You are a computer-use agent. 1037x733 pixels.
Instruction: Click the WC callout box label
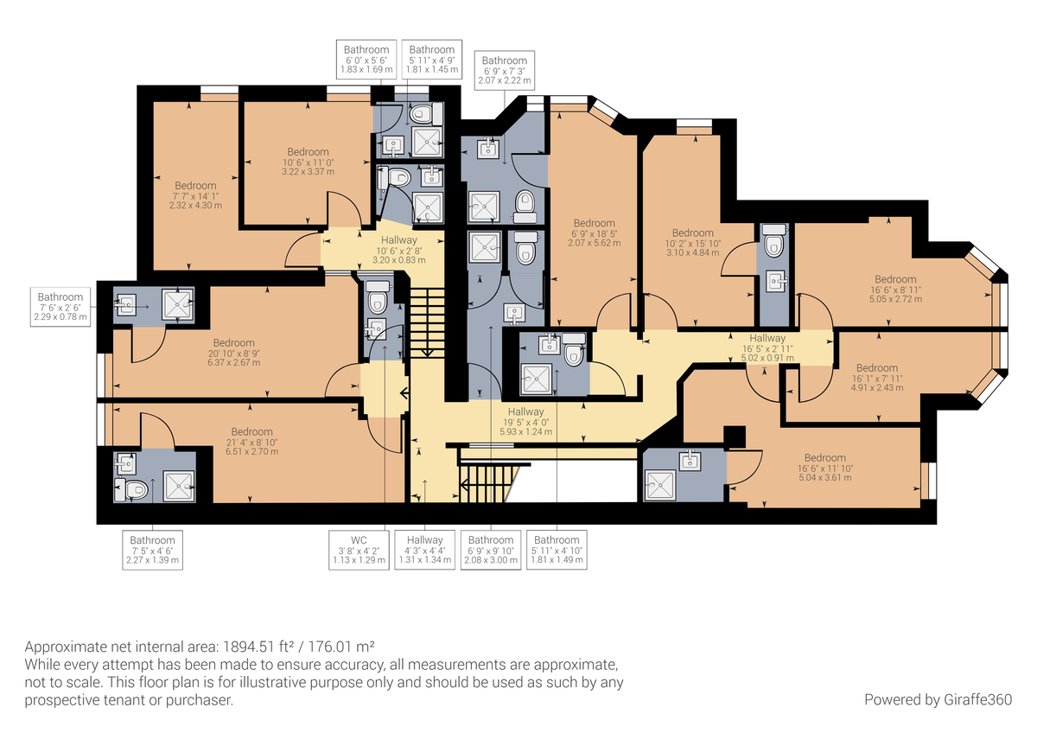click(359, 550)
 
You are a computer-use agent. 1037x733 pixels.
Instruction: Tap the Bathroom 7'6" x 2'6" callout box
click(60, 307)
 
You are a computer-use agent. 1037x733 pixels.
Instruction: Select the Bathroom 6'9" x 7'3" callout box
click(506, 70)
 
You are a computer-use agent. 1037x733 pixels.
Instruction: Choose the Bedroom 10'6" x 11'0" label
click(308, 162)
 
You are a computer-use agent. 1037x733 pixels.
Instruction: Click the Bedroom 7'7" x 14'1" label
click(195, 195)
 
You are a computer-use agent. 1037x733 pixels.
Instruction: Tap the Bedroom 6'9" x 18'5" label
click(594, 233)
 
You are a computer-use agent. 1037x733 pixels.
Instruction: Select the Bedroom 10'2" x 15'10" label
click(692, 242)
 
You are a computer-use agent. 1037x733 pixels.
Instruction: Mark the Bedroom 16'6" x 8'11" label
click(894, 289)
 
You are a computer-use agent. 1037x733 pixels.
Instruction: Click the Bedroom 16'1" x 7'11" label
click(876, 378)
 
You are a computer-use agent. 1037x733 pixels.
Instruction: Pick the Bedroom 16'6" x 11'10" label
click(824, 468)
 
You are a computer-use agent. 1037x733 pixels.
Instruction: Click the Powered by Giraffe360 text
click(938, 698)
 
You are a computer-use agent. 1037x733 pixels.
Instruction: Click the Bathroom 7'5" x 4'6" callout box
click(153, 550)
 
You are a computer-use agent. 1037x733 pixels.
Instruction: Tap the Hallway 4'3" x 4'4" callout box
click(424, 550)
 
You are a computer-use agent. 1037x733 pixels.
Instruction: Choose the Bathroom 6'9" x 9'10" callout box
click(490, 550)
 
